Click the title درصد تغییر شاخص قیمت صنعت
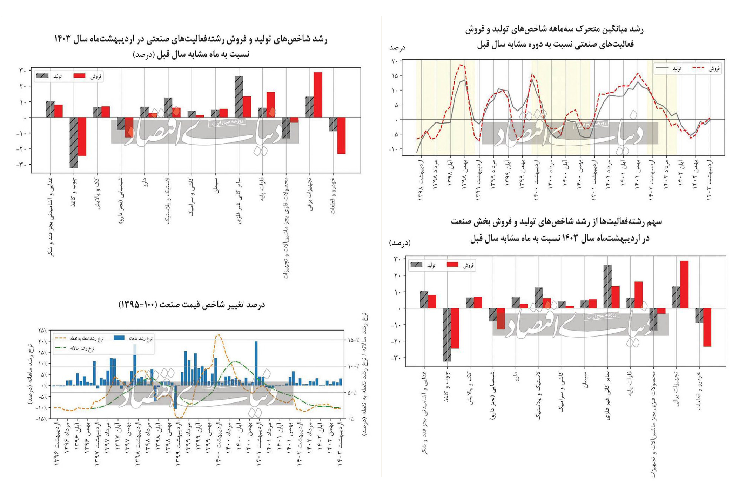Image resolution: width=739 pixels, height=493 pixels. tap(192, 305)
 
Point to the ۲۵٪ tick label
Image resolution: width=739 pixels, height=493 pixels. tap(42, 330)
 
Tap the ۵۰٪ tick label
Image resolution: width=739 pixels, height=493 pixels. tap(352, 393)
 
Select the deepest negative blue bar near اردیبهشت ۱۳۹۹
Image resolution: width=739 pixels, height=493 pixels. tap(175, 397)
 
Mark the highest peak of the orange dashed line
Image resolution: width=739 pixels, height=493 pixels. tap(219, 334)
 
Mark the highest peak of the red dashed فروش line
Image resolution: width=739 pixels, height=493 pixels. tap(462, 65)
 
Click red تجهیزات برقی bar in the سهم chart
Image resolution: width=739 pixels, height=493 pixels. tap(684, 285)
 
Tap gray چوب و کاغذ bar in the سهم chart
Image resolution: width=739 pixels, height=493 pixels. tap(447, 335)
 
